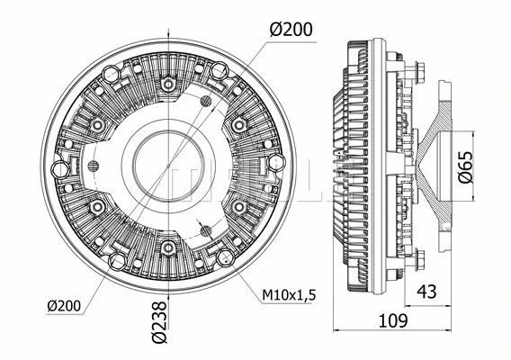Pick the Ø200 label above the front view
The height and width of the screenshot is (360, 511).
click(x=290, y=29)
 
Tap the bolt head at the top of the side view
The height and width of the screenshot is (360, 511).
click(x=419, y=69)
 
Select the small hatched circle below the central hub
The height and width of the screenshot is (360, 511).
click(x=208, y=230)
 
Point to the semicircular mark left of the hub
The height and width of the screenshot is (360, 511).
click(x=92, y=165)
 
